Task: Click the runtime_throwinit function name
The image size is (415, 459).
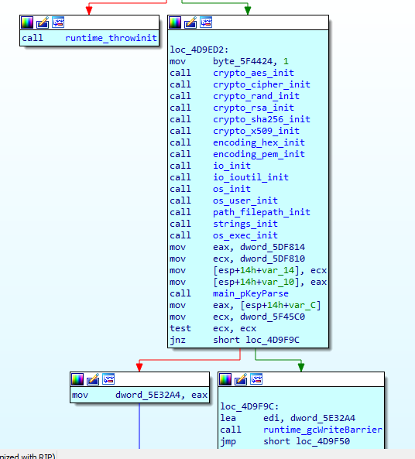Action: coord(111,38)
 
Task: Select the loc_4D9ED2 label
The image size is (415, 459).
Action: coord(199,50)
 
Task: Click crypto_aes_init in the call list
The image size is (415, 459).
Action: coord(253,73)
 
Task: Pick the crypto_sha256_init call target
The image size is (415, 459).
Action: coord(262,119)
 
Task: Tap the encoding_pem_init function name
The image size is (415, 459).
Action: coord(259,154)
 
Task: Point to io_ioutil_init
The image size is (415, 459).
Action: coord(251,177)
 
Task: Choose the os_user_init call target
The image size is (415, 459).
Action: coord(245,200)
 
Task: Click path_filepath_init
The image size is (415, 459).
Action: coord(262,212)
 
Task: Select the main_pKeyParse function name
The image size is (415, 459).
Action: coord(251,293)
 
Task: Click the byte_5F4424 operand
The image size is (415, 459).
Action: coord(242,61)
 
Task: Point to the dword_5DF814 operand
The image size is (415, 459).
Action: coord(273,247)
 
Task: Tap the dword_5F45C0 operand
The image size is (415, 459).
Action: coord(273,317)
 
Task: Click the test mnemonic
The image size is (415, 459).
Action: coord(180,328)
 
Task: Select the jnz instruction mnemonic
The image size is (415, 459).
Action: coord(177,340)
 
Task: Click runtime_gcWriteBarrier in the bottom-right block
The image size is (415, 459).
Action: coord(323,430)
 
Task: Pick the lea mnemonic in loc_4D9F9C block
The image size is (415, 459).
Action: coord(228,418)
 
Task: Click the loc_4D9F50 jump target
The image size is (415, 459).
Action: coord(323,441)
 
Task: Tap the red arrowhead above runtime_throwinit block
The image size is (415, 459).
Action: coord(89,10)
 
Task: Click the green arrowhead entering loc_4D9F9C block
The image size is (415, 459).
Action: coord(301,367)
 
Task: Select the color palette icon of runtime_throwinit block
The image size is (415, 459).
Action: coord(27,22)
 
